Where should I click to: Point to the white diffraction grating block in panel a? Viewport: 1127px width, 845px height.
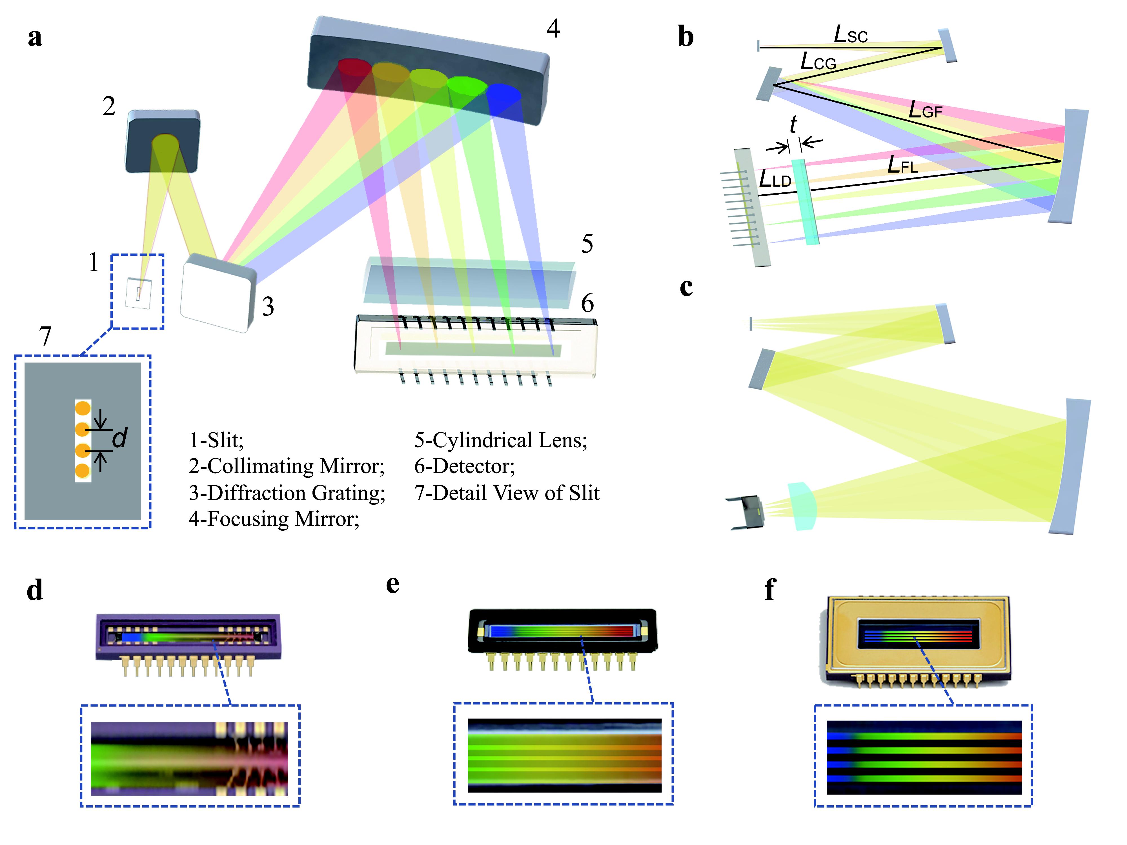pyautogui.click(x=217, y=293)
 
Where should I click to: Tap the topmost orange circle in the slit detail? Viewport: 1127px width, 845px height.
pyautogui.click(x=83, y=408)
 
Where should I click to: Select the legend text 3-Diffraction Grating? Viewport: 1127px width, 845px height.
pyautogui.click(x=287, y=493)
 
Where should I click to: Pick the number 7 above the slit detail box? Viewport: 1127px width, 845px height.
pyautogui.click(x=45, y=336)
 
